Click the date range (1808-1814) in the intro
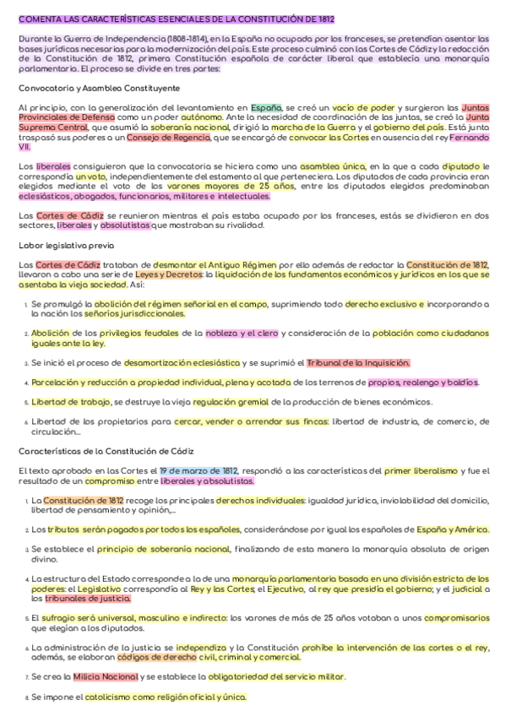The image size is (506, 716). [x=172, y=39]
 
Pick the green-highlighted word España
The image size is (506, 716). [x=266, y=109]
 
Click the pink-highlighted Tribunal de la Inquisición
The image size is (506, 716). [x=359, y=363]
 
